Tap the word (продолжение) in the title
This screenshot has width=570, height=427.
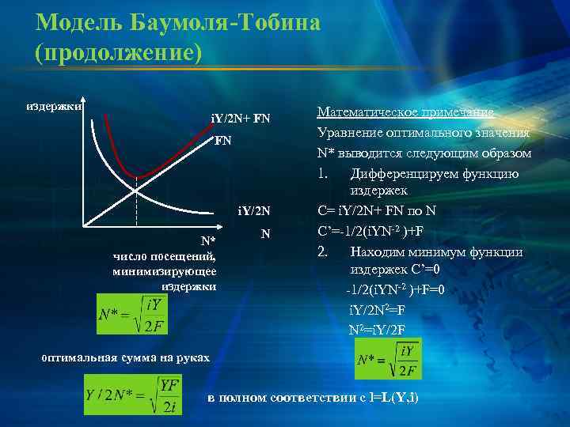(119, 51)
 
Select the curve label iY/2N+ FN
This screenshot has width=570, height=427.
(241, 119)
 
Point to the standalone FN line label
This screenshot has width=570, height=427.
(223, 143)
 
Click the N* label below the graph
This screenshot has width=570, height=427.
(207, 240)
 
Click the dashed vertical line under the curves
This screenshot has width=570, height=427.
(136, 206)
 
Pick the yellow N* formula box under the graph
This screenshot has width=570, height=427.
(131, 316)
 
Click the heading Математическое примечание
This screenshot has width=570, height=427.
(405, 112)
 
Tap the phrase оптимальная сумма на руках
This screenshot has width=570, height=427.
(125, 357)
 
